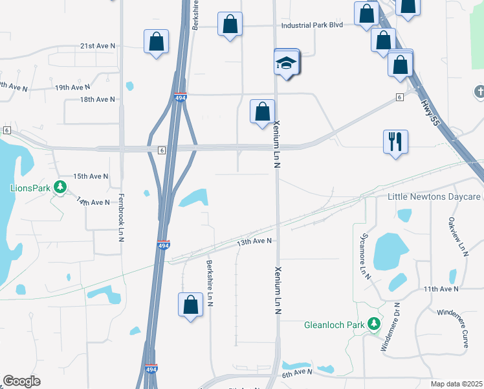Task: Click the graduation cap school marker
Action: tap(285, 64)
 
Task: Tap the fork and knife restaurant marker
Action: tap(395, 141)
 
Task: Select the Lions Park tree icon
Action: tap(60, 187)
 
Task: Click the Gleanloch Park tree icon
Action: tap(373, 324)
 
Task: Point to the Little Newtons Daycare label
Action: tap(434, 196)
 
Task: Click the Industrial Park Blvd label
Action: tap(311, 26)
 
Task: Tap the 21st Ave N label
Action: tap(97, 46)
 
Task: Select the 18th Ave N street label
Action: tap(97, 99)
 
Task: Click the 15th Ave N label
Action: tap(90, 176)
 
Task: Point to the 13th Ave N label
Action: tap(253, 241)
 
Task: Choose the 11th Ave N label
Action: tap(440, 288)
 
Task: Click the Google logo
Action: tap(21, 381)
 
